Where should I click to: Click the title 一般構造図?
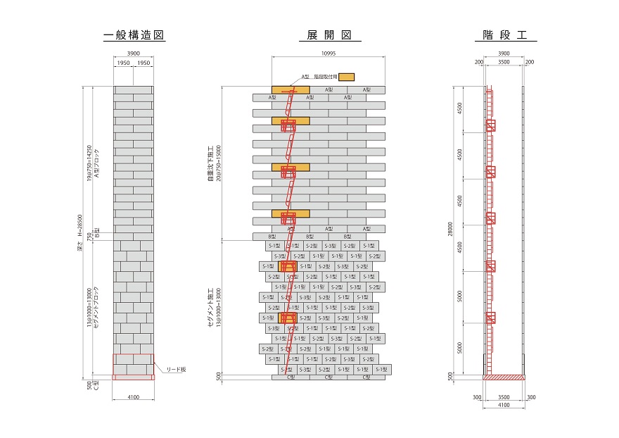134,35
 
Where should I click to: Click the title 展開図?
328,35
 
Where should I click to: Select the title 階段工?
505,35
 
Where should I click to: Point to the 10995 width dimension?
328,54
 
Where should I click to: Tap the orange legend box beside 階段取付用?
347,76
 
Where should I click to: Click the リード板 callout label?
177,369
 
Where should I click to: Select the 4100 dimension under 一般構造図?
134,398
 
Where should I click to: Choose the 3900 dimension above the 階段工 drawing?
504,54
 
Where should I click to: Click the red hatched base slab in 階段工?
504,377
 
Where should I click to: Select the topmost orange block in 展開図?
291,89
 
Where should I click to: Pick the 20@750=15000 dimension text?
217,162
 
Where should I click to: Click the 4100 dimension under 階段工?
504,406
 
